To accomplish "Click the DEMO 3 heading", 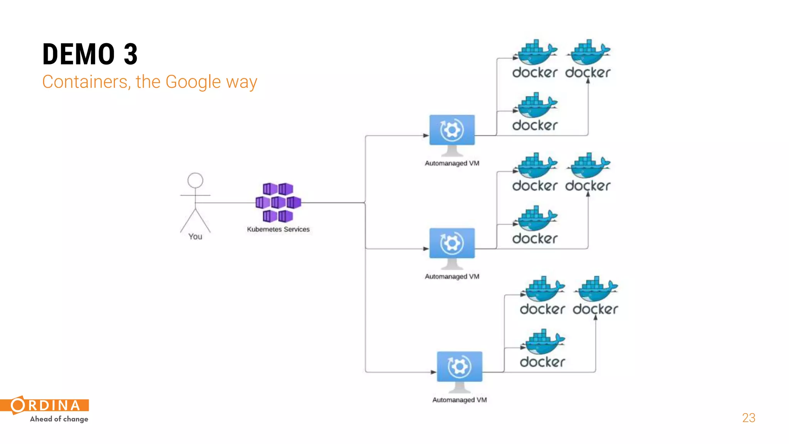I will pos(90,54).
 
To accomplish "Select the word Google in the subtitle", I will pos(193,82).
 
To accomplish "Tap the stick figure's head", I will pos(195,180).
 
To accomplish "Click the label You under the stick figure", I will pos(195,237).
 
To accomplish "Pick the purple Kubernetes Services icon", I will pos(278,202).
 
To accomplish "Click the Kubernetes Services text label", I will pos(278,229).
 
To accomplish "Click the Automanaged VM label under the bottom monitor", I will pos(459,400).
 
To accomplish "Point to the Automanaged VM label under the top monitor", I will pos(452,163).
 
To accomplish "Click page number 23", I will pos(749,418).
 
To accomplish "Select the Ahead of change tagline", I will pos(59,419).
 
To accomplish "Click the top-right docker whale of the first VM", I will pos(588,53).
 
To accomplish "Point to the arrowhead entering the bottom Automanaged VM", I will pos(433,372).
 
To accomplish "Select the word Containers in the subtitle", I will pos(84,82).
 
